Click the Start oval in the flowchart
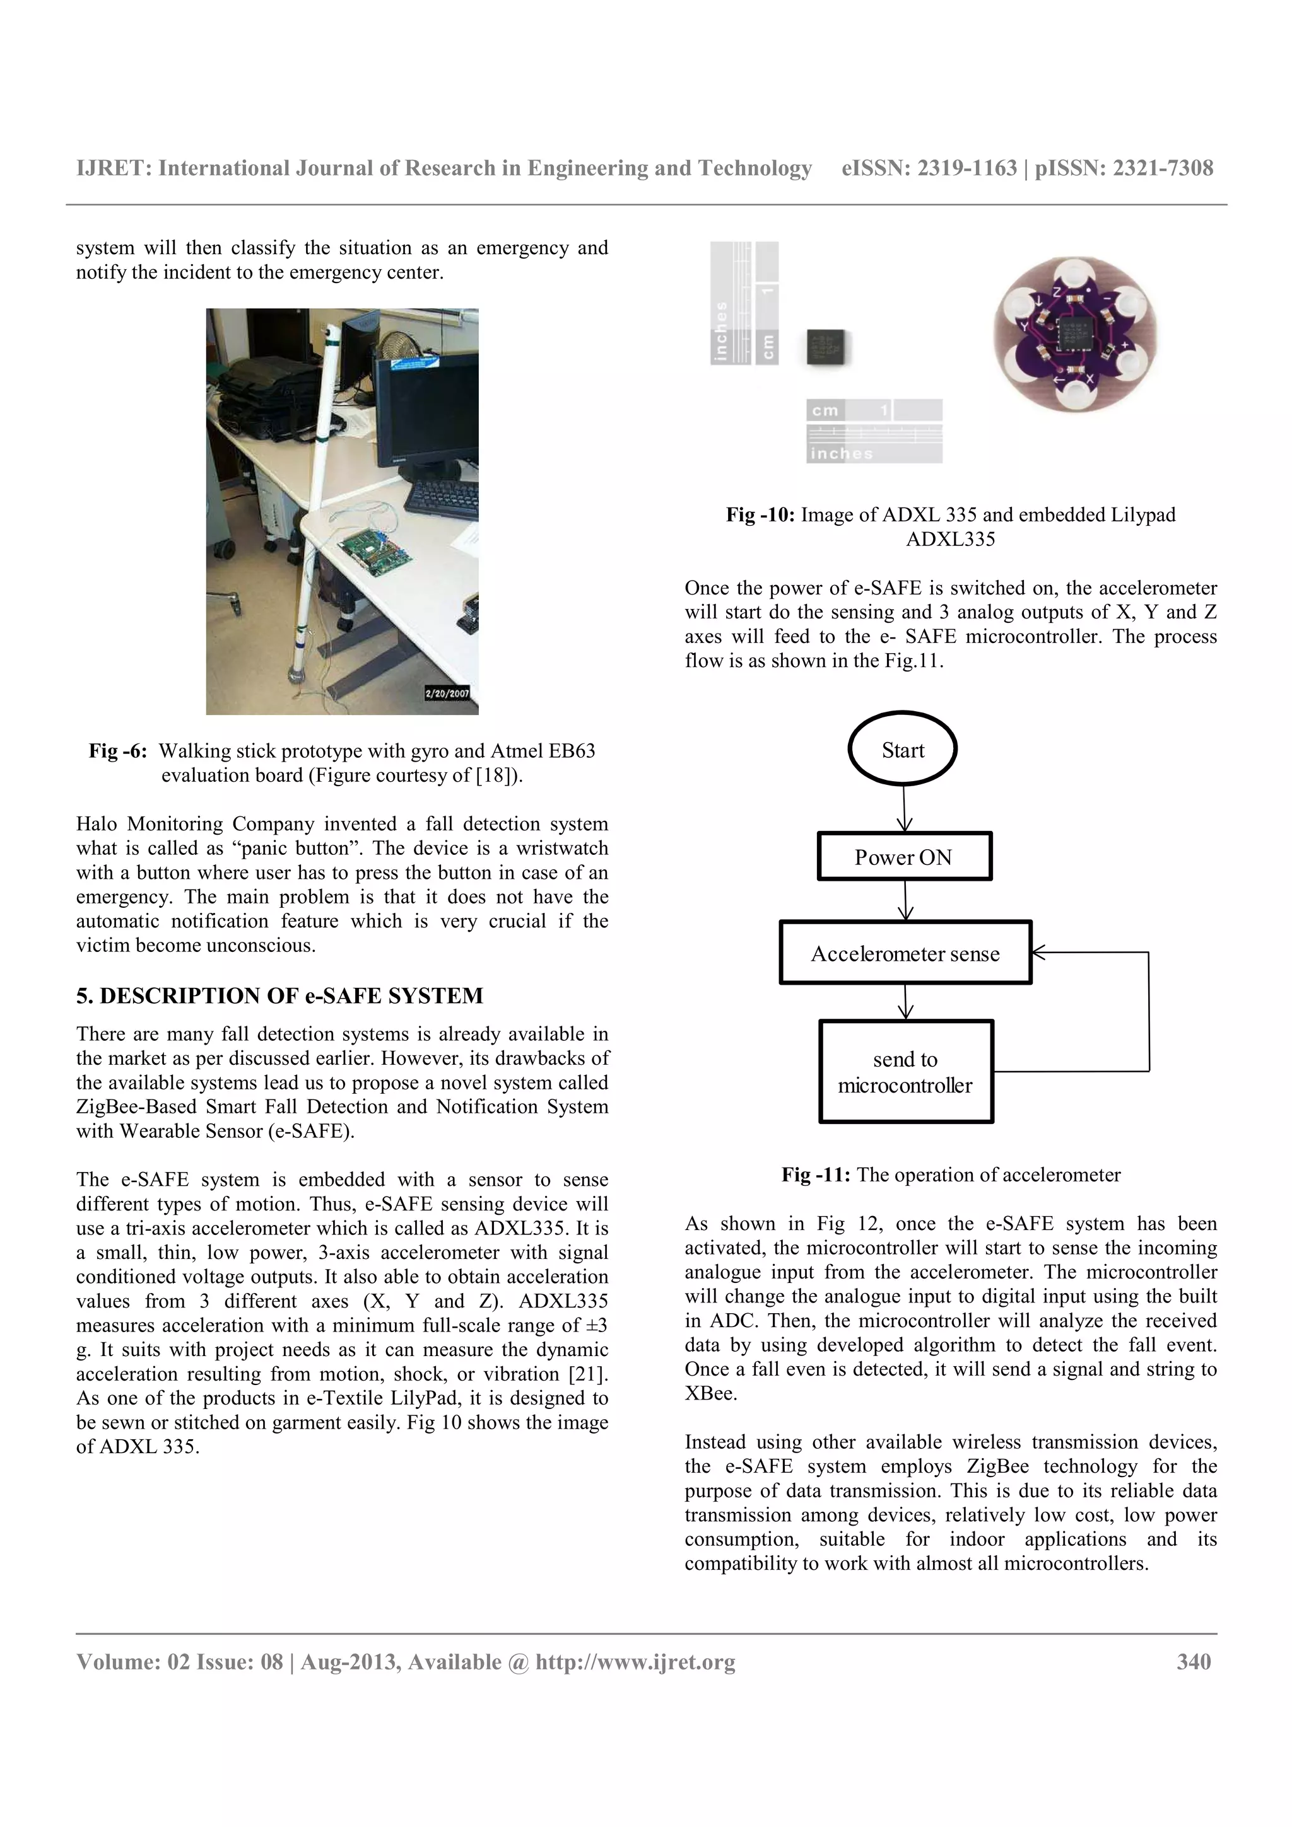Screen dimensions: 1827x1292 [x=902, y=749]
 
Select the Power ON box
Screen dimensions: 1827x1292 [x=904, y=856]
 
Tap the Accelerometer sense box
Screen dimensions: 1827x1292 [x=905, y=953]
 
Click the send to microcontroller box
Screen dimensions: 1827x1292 [x=906, y=1071]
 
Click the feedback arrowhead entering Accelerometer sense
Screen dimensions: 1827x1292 [x=1038, y=952]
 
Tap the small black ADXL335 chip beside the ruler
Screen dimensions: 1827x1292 [x=826, y=346]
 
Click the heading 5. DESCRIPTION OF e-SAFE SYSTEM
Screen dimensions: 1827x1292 [x=279, y=995]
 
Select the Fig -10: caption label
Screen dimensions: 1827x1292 [x=760, y=515]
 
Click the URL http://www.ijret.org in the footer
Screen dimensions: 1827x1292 [x=635, y=1661]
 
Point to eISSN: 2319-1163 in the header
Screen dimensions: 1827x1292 [x=928, y=168]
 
